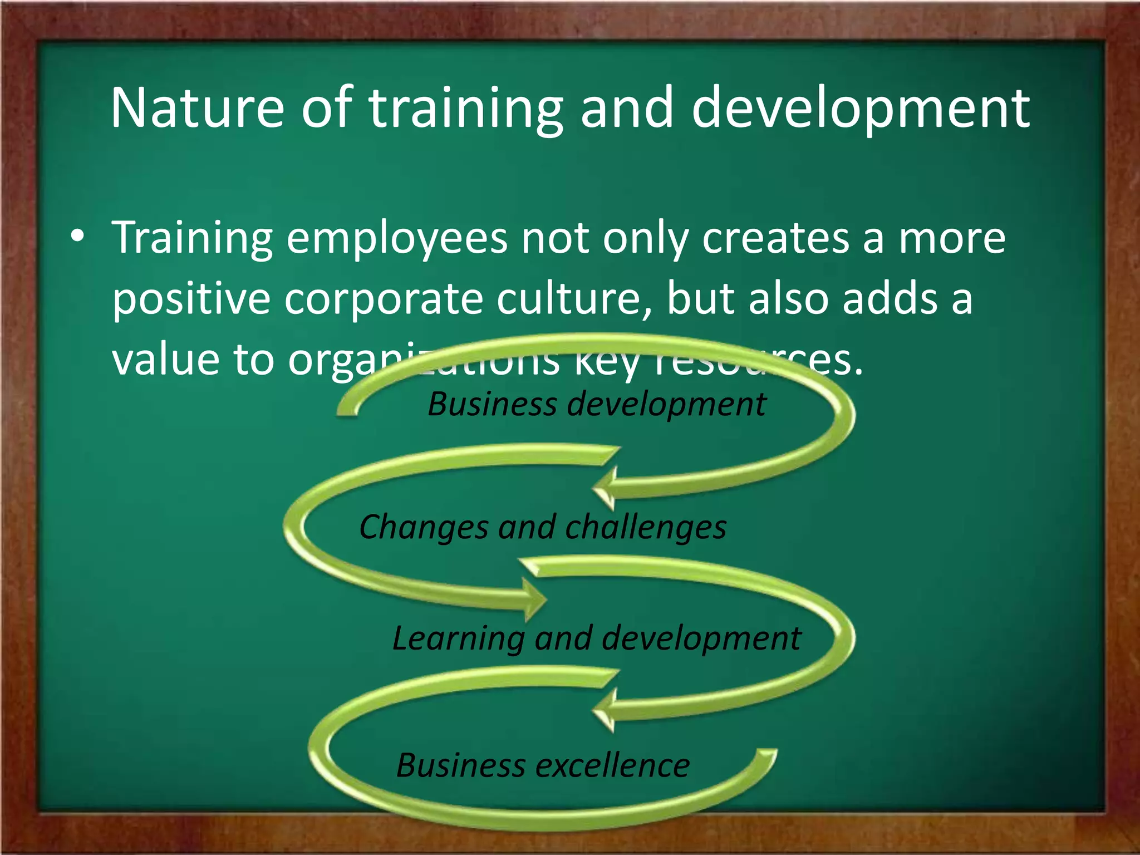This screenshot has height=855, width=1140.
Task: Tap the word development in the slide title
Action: tap(861, 109)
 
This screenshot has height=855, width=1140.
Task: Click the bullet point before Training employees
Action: tap(78, 237)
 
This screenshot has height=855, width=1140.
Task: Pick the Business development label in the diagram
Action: tap(596, 404)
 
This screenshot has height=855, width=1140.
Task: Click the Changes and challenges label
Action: tap(543, 527)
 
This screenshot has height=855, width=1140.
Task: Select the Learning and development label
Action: tap(596, 638)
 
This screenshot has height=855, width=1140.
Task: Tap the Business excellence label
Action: tap(543, 765)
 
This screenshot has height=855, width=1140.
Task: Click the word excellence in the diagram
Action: tap(612, 765)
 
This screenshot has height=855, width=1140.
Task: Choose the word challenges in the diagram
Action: tap(646, 527)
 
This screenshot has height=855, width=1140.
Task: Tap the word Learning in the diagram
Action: tap(458, 638)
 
